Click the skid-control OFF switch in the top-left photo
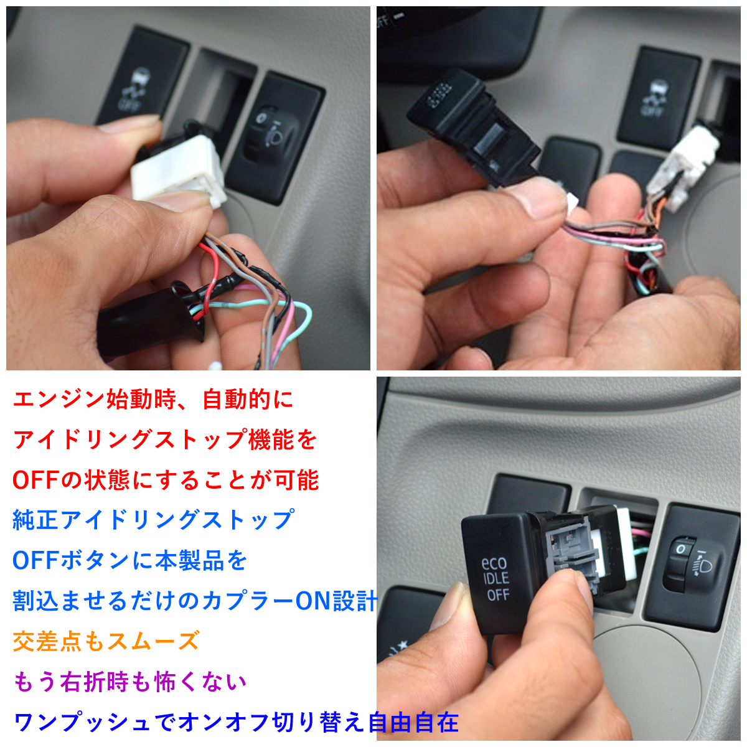pos(143,81)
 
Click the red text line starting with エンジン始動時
pos(153,400)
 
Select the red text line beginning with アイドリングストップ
pos(165,439)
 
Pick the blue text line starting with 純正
pos(153,520)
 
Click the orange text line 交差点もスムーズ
pos(106,641)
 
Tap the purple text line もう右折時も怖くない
pos(130,682)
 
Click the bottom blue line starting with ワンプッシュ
pos(236,722)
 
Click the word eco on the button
pos(494,562)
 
